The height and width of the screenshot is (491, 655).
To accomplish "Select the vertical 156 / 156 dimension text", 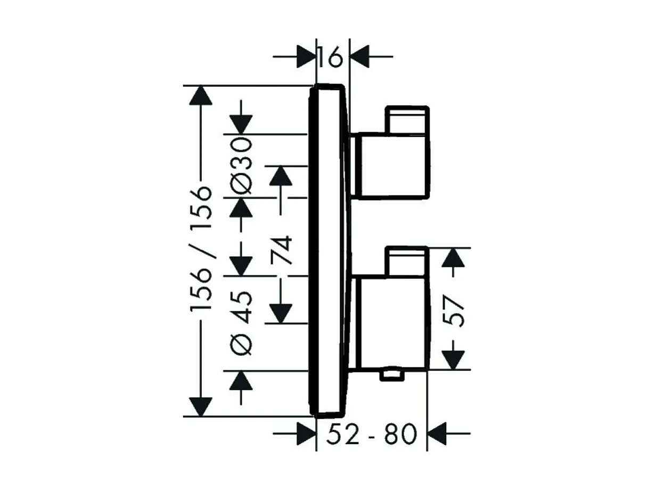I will tap(203, 250).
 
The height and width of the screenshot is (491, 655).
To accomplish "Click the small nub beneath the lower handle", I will tap(392, 377).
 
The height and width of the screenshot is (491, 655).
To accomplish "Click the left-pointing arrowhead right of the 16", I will tap(361, 55).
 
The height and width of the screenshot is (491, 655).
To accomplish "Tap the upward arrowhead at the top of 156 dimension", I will tap(201, 96).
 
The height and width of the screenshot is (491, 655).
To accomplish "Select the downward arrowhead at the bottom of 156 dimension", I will tap(201, 406).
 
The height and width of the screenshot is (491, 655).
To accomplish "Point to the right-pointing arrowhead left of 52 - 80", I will tap(306, 435).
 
